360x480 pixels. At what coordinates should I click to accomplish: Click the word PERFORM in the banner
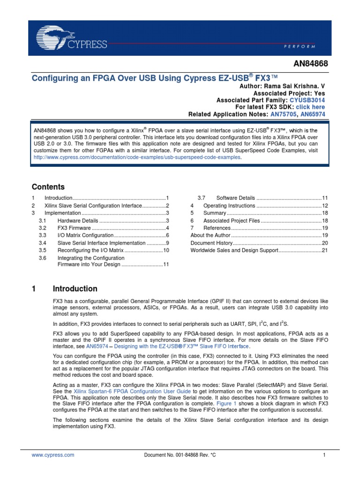tap(300, 47)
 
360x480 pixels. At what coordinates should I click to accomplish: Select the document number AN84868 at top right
tap(310, 63)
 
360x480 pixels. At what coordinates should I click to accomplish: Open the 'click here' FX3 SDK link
tap(310, 107)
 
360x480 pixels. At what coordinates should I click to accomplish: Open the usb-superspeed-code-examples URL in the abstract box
tap(137, 158)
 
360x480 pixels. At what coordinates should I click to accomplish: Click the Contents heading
tap(48, 187)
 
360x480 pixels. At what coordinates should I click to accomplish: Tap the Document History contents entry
tap(211, 243)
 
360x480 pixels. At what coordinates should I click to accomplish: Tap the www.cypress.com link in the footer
tap(53, 455)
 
